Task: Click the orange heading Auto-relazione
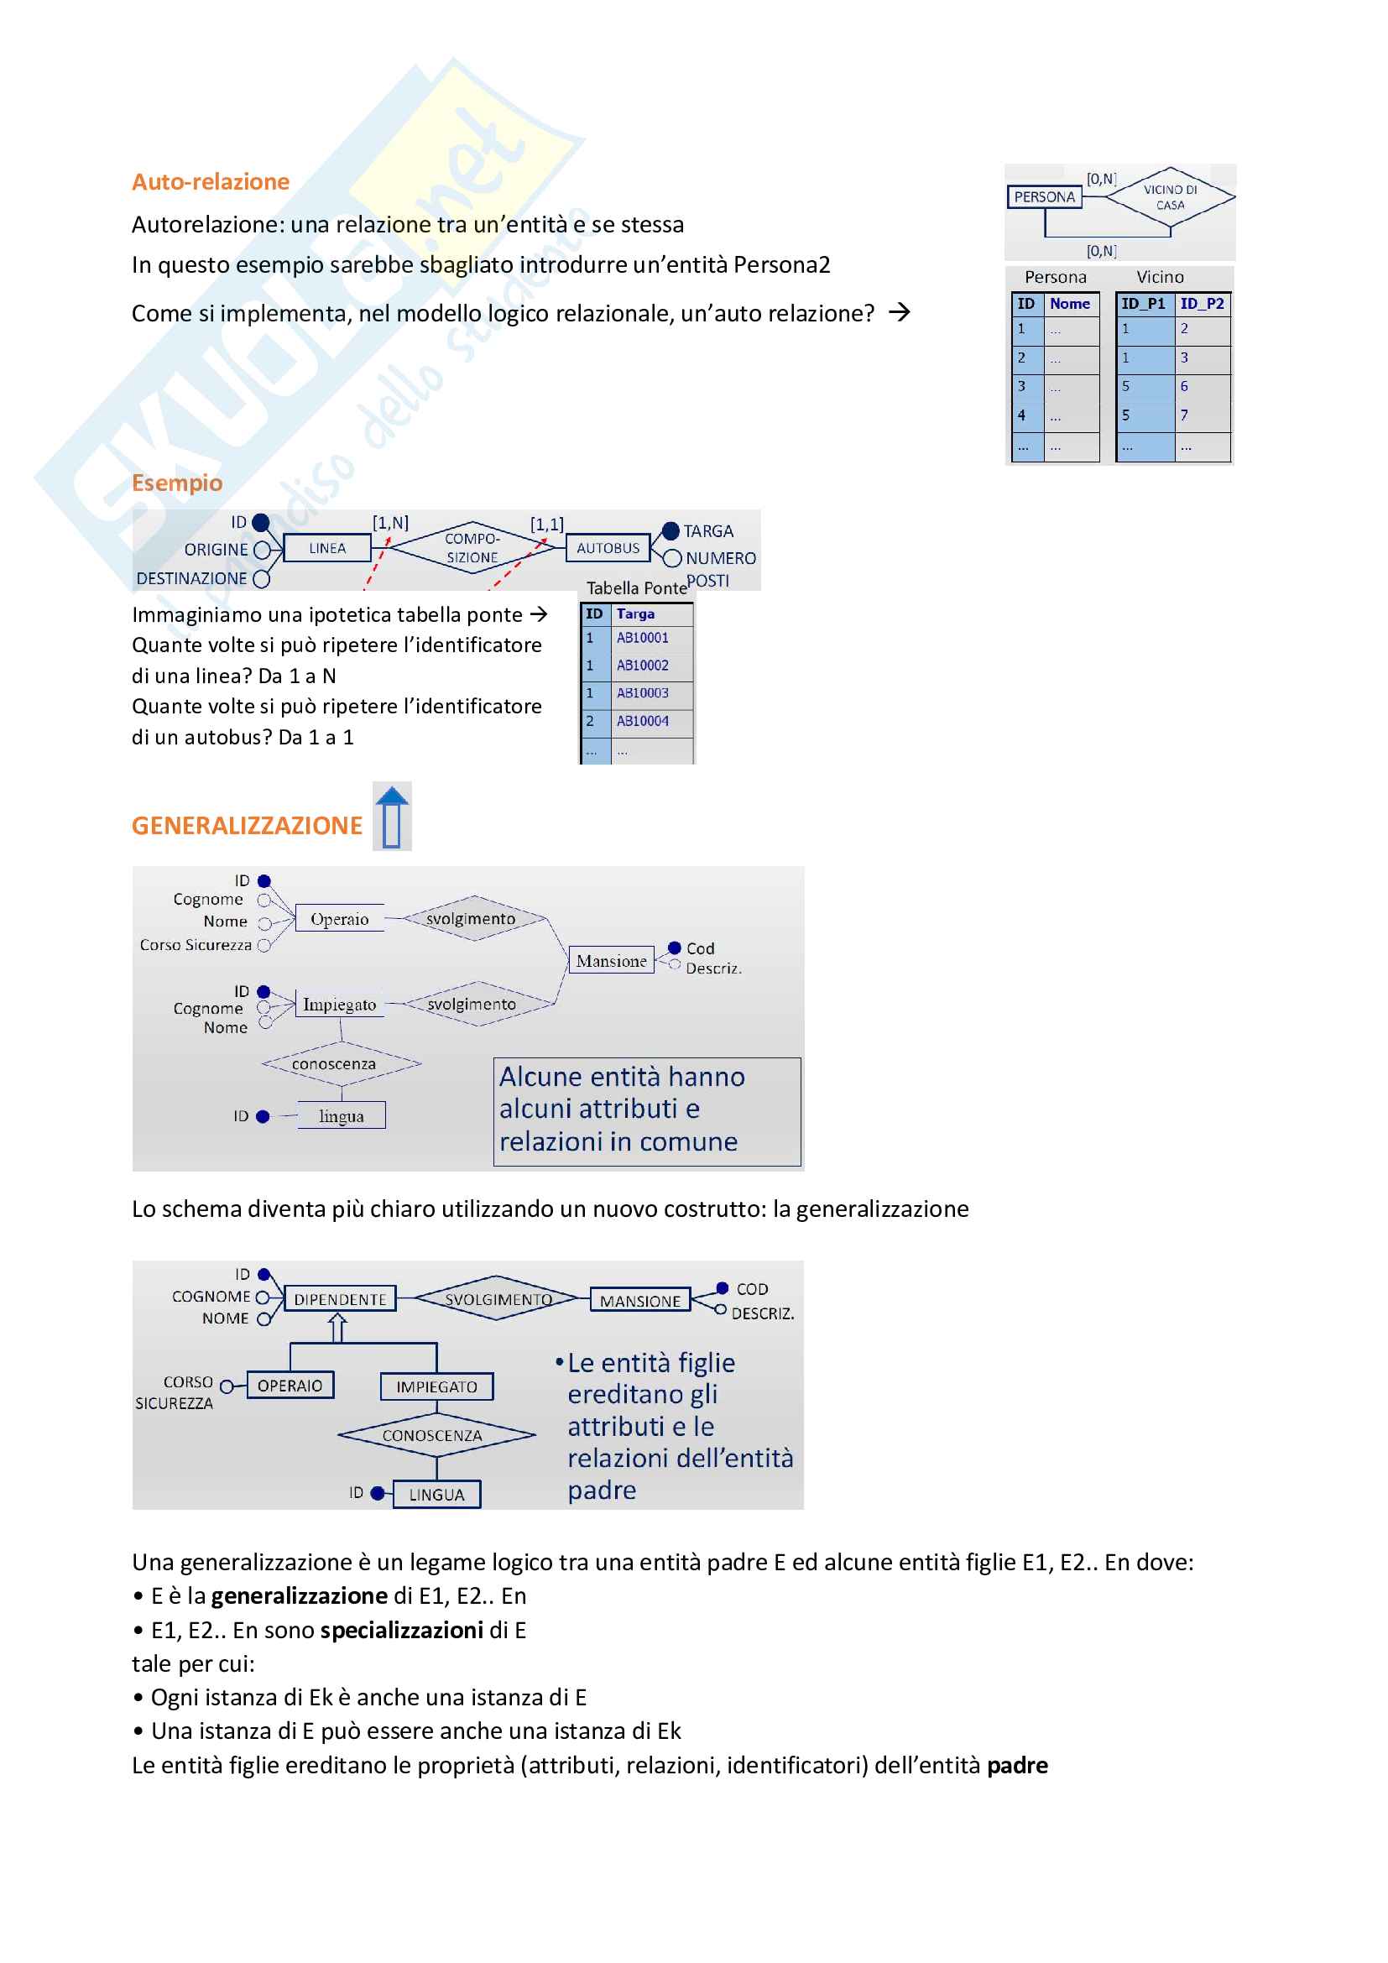coord(211,181)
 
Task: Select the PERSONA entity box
coord(1044,196)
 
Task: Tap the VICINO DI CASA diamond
coord(1169,197)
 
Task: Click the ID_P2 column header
coord(1202,304)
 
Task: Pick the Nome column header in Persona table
coord(1069,304)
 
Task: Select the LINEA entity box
coord(327,548)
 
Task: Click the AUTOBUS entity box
coord(608,548)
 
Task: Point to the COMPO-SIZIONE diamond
coord(472,548)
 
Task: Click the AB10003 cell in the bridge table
coord(643,693)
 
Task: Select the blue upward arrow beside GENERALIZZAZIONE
coord(392,816)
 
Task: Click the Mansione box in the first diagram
coord(611,961)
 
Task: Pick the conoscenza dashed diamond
coord(341,1064)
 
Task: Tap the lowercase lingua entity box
coord(341,1115)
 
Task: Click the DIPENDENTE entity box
coord(340,1299)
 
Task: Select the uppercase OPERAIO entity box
coord(290,1386)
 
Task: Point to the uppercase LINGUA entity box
coord(436,1496)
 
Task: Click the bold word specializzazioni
coord(403,1631)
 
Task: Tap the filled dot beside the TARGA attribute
coord(671,531)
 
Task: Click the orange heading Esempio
coord(177,483)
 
